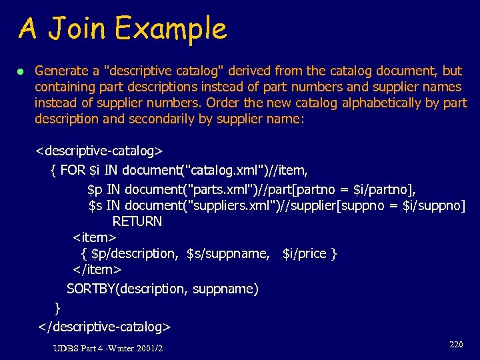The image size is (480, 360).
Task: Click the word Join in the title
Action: point(76,29)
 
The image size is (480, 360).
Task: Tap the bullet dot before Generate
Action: point(21,71)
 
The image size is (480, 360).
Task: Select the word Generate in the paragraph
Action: point(61,71)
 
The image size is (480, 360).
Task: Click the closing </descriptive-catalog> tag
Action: point(105,327)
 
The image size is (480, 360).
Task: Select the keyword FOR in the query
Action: point(73,170)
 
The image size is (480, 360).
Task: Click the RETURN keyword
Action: point(137,221)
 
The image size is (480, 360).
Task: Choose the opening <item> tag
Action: point(94,237)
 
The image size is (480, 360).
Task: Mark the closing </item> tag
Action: point(97,269)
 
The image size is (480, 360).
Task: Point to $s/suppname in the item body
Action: point(228,253)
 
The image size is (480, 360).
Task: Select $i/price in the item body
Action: point(304,253)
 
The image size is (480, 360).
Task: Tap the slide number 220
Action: point(456,344)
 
